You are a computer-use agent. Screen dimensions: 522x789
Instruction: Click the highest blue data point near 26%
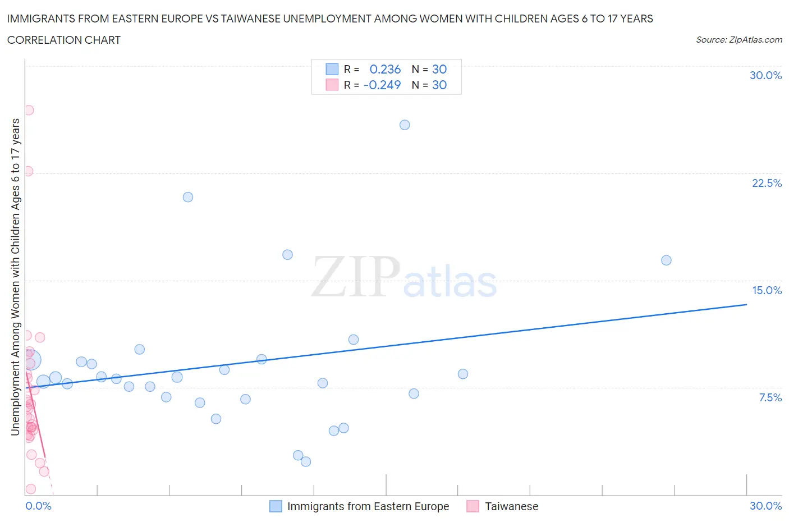(x=405, y=125)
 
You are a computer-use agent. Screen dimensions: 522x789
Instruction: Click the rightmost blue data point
(x=666, y=260)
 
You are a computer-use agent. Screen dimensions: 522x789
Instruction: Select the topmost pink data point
(x=29, y=110)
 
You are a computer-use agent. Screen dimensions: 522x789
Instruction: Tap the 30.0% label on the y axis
(x=765, y=76)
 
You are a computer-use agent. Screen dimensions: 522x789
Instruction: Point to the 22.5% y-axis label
(x=767, y=183)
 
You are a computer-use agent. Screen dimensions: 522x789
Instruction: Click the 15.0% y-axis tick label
(x=767, y=290)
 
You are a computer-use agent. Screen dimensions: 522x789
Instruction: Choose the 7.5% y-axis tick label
(x=770, y=397)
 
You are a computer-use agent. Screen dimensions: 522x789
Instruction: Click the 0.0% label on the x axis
(x=38, y=506)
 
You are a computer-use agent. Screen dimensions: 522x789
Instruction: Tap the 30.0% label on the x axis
(x=765, y=506)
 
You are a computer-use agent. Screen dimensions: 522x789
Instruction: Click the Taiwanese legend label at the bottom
(x=511, y=506)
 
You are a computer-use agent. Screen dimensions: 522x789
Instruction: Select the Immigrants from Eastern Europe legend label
(x=368, y=506)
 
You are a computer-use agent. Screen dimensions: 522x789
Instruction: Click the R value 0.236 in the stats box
(x=385, y=69)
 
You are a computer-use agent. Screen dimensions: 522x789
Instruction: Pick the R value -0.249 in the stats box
(x=382, y=85)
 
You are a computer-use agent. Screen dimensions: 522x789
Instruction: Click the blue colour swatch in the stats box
(x=332, y=69)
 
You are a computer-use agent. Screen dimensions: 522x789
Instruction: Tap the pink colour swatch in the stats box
(x=332, y=85)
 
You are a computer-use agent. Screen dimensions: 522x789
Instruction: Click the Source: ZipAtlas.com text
(x=738, y=40)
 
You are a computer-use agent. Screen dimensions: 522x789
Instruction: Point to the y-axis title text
(x=15, y=277)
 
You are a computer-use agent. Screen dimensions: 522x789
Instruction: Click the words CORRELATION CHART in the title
(x=64, y=40)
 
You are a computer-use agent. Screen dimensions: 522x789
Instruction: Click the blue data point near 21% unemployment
(x=188, y=197)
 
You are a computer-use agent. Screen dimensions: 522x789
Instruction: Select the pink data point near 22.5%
(x=28, y=171)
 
